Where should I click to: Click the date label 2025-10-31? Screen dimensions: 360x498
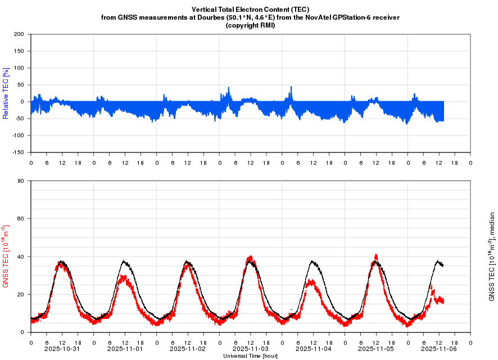[62, 349]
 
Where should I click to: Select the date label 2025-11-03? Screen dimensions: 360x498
[251, 349]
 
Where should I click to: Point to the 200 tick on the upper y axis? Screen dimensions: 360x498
[19, 34]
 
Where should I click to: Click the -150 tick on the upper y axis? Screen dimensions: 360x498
[18, 152]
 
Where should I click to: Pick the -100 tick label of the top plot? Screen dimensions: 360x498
[18, 136]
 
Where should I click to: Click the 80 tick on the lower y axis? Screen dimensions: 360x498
[21, 181]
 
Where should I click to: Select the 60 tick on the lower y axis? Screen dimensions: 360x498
[21, 219]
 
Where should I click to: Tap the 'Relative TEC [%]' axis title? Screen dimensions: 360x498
[6, 93]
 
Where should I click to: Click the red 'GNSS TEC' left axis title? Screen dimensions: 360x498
[6, 256]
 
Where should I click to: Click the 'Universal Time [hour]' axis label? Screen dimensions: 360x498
[250, 355]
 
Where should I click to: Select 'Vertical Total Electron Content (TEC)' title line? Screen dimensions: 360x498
[250, 10]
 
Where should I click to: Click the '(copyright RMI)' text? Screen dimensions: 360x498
[250, 25]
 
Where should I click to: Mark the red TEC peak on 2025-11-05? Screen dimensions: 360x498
[376, 256]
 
